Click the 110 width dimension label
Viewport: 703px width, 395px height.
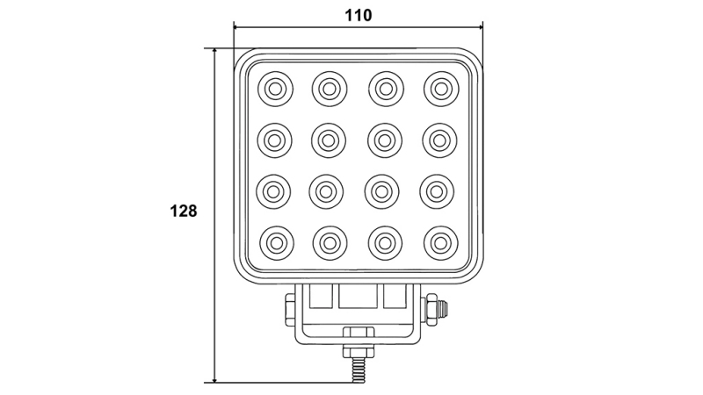click(x=358, y=15)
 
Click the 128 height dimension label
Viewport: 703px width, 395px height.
click(x=183, y=211)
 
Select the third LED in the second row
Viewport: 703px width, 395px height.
click(x=385, y=139)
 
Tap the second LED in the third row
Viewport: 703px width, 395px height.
click(x=330, y=190)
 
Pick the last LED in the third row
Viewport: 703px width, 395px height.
click(x=440, y=190)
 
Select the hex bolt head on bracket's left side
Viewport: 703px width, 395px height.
click(x=289, y=310)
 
